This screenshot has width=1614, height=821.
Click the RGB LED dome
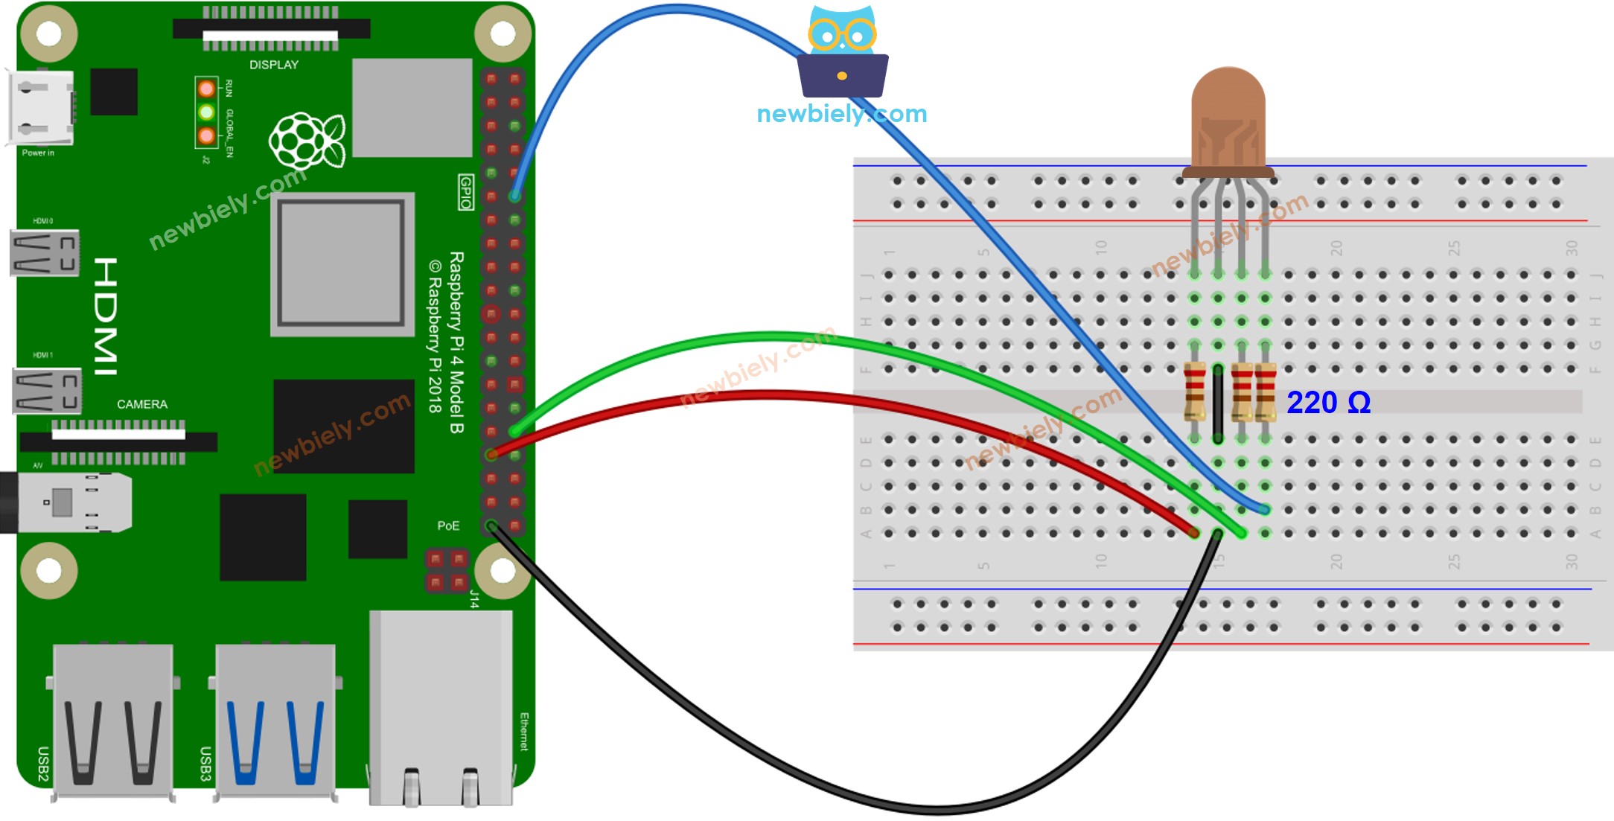1228,119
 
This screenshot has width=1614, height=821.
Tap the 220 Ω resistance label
1328,403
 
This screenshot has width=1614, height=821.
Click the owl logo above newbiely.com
842,52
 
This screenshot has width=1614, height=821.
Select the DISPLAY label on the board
273,65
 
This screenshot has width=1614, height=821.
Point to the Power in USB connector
42,108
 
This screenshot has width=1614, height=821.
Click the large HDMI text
106,316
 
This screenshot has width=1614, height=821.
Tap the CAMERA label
141,404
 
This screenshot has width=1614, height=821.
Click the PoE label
447,525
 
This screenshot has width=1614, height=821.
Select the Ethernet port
441,707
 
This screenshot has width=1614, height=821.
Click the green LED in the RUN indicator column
206,112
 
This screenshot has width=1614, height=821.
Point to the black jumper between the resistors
1217,403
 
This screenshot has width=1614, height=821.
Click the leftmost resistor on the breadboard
1194,392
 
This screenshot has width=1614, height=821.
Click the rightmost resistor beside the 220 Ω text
1265,392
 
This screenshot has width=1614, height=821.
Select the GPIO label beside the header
465,192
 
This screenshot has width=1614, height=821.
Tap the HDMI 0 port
45,253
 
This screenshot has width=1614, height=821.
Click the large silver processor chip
342,264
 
